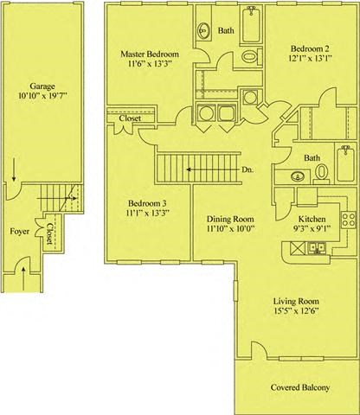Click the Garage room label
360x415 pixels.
pos(42,86)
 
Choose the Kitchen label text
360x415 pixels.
pos(312,220)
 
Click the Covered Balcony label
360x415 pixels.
pos(299,387)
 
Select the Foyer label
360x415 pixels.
pos(19,232)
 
